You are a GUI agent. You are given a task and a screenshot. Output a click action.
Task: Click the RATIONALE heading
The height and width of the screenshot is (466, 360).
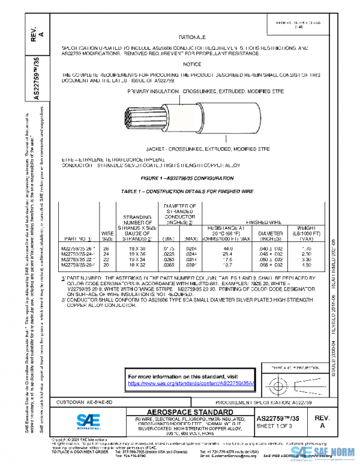(192, 37)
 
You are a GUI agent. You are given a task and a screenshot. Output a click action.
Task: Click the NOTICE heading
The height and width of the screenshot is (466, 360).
(192, 64)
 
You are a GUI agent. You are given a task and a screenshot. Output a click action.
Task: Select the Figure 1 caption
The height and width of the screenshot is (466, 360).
(192, 179)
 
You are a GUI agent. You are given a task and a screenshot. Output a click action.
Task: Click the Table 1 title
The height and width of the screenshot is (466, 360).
(192, 190)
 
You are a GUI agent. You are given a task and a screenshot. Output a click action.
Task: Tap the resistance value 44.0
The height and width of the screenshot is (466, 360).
(228, 249)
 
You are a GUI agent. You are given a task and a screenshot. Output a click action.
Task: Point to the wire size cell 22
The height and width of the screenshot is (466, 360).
(107, 259)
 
